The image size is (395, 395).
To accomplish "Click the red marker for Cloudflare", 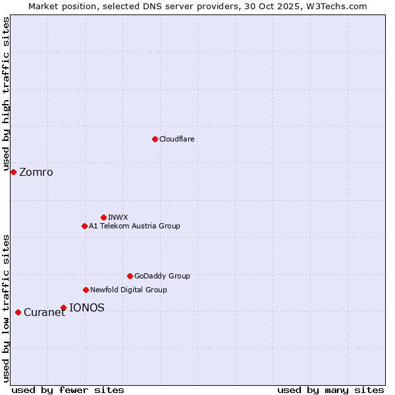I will click(155, 139).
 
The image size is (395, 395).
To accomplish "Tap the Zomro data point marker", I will click(13, 172).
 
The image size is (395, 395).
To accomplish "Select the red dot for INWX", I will click(103, 217).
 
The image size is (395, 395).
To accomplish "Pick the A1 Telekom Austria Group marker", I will click(84, 226).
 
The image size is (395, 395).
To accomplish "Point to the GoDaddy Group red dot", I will click(130, 276).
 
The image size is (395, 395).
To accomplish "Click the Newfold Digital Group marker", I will click(86, 290).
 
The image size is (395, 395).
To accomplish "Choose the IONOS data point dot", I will click(63, 307).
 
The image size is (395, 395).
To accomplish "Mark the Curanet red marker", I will click(18, 312).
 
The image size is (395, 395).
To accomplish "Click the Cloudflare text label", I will click(177, 139).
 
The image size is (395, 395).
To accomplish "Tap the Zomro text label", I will click(36, 172).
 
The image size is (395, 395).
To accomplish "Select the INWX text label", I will click(118, 217).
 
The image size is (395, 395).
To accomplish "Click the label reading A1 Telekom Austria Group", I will click(134, 226).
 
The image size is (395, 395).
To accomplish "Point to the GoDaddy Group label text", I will click(162, 276).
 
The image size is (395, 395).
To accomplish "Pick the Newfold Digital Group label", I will click(128, 290).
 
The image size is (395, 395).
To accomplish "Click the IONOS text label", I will click(87, 307).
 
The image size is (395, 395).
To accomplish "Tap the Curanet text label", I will click(44, 313).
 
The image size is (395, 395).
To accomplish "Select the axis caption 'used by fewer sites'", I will click(68, 390).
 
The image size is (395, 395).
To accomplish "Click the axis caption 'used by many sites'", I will click(330, 390).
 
